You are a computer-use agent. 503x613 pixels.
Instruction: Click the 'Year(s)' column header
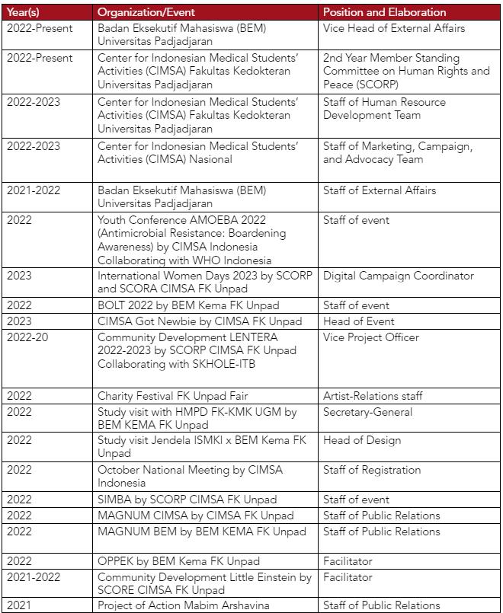pyautogui.click(x=24, y=12)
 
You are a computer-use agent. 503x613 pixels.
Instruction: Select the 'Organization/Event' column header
pyautogui.click(x=146, y=12)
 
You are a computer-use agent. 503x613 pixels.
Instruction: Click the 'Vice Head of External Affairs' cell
pyautogui.click(x=393, y=28)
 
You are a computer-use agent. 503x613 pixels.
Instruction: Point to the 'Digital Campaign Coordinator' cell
pyautogui.click(x=398, y=276)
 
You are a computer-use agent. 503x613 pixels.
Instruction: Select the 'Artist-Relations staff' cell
pyautogui.click(x=373, y=396)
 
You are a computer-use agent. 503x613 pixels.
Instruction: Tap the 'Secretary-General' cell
pyautogui.click(x=367, y=412)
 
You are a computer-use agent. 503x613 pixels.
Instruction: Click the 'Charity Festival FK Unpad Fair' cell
pyautogui.click(x=172, y=396)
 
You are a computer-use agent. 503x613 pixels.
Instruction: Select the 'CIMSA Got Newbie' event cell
pyautogui.click(x=200, y=321)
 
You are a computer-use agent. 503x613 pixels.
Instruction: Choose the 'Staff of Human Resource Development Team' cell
pyautogui.click(x=384, y=108)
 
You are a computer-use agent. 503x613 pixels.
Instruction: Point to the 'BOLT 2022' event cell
pyautogui.click(x=183, y=305)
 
